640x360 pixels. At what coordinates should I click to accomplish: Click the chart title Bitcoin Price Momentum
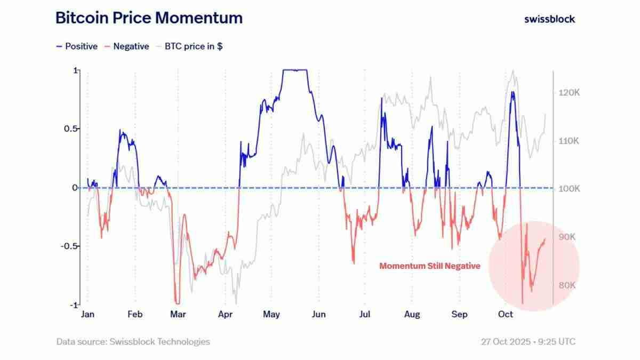click(x=149, y=18)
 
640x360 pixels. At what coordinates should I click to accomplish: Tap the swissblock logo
click(x=549, y=19)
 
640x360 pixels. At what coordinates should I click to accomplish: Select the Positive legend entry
click(x=77, y=46)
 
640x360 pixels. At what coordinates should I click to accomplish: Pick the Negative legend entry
click(x=126, y=46)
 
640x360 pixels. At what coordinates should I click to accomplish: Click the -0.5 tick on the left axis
click(x=68, y=246)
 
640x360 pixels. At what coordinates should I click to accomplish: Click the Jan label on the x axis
click(x=87, y=314)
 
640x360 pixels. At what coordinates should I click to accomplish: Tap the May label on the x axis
click(x=271, y=314)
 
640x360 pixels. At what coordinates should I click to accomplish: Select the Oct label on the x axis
click(x=505, y=314)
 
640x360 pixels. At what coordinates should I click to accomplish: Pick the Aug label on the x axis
click(x=412, y=314)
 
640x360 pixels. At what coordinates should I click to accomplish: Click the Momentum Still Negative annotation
click(x=429, y=266)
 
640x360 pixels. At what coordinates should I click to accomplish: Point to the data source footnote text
click(x=133, y=341)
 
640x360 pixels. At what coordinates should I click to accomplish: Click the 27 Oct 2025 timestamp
click(x=528, y=341)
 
